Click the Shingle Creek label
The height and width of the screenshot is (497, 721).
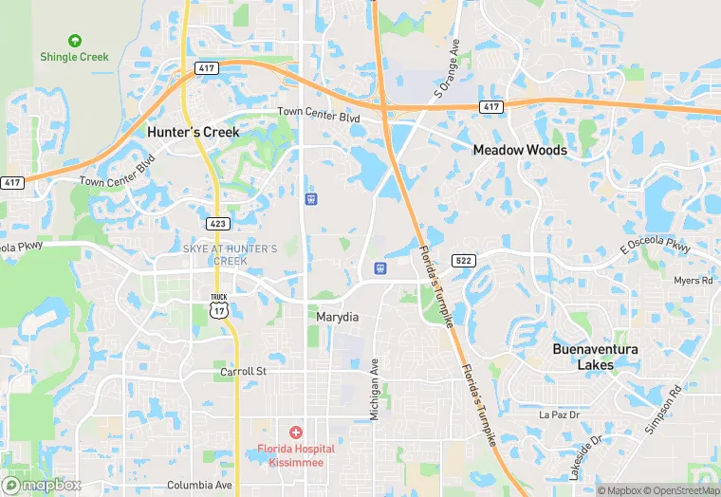point(74,57)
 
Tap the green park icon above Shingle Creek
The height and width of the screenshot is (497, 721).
point(74,41)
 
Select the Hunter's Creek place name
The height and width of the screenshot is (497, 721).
point(194,133)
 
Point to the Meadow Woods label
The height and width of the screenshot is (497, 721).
point(520,150)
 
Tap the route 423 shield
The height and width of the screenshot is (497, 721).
point(216,223)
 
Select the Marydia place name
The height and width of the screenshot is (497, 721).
point(337,317)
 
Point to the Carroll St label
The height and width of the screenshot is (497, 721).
point(244,372)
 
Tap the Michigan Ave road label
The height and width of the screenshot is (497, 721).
point(375,389)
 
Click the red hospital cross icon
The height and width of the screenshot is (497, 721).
point(296,433)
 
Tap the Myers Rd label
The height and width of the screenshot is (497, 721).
point(693,281)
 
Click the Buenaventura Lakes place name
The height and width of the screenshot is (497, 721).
point(595,357)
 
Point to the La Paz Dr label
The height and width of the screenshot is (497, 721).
point(558,414)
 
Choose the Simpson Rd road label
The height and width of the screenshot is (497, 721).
point(663,409)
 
